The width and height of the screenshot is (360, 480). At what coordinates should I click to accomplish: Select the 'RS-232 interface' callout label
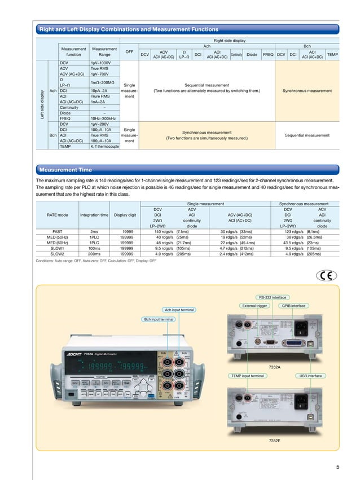pyautogui.click(x=272, y=297)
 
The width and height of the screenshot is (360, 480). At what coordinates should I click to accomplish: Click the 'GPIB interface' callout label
pyautogui.click(x=293, y=306)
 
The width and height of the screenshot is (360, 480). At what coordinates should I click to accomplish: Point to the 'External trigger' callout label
pyautogui.click(x=254, y=306)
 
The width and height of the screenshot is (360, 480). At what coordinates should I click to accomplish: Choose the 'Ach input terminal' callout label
pyautogui.click(x=179, y=310)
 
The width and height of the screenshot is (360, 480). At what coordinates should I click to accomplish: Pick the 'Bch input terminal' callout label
pyautogui.click(x=159, y=319)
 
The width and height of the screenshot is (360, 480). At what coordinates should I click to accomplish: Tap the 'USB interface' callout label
pyautogui.click(x=310, y=375)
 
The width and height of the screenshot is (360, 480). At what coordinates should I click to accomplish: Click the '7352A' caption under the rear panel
pyautogui.click(x=275, y=367)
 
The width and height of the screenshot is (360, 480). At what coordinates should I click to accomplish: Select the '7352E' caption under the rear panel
pyautogui.click(x=275, y=439)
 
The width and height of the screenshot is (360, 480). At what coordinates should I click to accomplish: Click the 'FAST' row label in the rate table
pyautogui.click(x=57, y=231)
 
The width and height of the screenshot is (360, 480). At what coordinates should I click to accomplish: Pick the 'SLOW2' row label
pyautogui.click(x=57, y=254)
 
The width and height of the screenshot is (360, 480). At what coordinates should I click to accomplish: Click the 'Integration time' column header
pyautogui.click(x=94, y=214)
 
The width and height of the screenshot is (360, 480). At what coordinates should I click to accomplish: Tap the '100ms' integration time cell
pyautogui.click(x=94, y=248)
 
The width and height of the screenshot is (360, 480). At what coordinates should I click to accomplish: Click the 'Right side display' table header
pyautogui.click(x=229, y=41)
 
